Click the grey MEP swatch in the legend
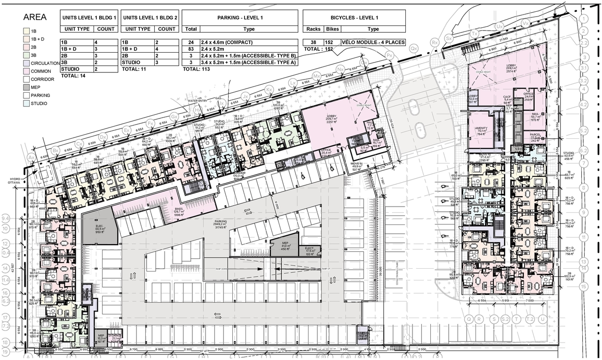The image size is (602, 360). tap(26, 87)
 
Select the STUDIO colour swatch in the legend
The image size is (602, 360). tap(26, 103)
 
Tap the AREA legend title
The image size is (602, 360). tap(35, 17)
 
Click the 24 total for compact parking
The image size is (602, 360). tap(190, 42)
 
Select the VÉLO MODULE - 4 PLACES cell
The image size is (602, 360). tap(373, 42)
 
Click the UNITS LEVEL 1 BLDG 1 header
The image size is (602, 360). tap(89, 17)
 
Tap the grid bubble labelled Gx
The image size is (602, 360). tap(174, 116)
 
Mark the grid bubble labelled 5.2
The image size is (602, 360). tap(584, 130)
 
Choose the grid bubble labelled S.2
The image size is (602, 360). tap(506, 319)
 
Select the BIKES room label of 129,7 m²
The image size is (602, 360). tap(178, 210)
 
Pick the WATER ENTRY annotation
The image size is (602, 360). tap(197, 101)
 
